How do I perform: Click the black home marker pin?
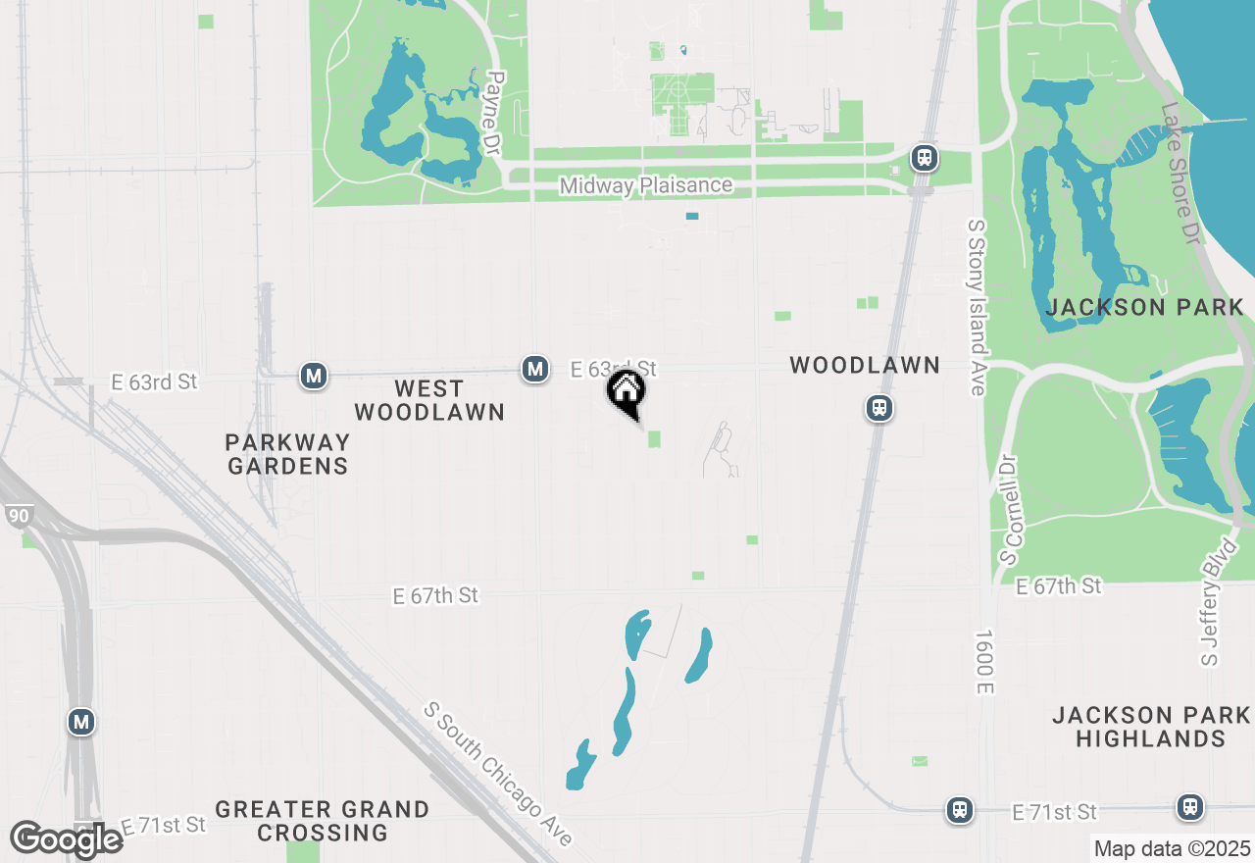tap(627, 393)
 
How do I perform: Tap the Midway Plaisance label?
tap(645, 185)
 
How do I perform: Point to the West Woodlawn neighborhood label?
tap(429, 400)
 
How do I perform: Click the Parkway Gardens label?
tap(287, 454)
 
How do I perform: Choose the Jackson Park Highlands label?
tap(1151, 727)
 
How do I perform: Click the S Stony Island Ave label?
tap(977, 307)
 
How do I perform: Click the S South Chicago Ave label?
tap(500, 774)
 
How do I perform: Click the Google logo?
tap(67, 839)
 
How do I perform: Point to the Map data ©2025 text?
tap(1172, 848)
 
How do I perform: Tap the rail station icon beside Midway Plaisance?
tap(923, 157)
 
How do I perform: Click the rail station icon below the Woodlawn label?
tap(879, 408)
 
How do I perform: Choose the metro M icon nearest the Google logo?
tap(81, 723)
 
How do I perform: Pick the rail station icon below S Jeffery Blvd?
tap(1191, 807)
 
